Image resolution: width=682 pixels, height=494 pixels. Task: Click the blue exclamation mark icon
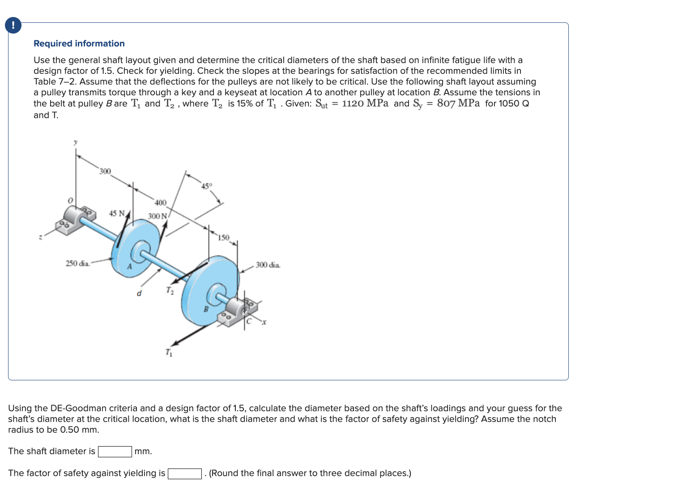(13, 25)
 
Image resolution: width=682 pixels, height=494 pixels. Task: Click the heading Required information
(79, 43)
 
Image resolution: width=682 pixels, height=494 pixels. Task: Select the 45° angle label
(206, 186)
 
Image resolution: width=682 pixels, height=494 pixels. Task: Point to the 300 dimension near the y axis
(104, 171)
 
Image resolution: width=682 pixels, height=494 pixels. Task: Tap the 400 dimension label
(160, 203)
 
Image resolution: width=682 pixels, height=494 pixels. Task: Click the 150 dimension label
(223, 237)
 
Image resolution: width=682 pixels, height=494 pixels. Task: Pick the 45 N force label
(117, 213)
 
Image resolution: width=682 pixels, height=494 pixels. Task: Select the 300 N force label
(157, 216)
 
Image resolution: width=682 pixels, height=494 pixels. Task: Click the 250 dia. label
(78, 263)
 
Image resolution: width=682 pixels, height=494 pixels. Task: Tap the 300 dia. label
(268, 265)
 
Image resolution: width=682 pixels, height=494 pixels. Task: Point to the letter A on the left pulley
(130, 267)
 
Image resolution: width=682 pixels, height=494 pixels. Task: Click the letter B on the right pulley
(206, 309)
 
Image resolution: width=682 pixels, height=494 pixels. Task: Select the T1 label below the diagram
(168, 353)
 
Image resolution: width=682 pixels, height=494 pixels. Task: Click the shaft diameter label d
(139, 294)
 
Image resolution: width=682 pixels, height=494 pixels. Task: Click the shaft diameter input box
(115, 451)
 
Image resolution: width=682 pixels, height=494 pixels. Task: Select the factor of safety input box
(184, 473)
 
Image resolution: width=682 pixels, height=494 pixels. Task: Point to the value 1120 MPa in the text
(365, 103)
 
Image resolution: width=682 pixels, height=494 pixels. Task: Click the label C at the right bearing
(249, 321)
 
